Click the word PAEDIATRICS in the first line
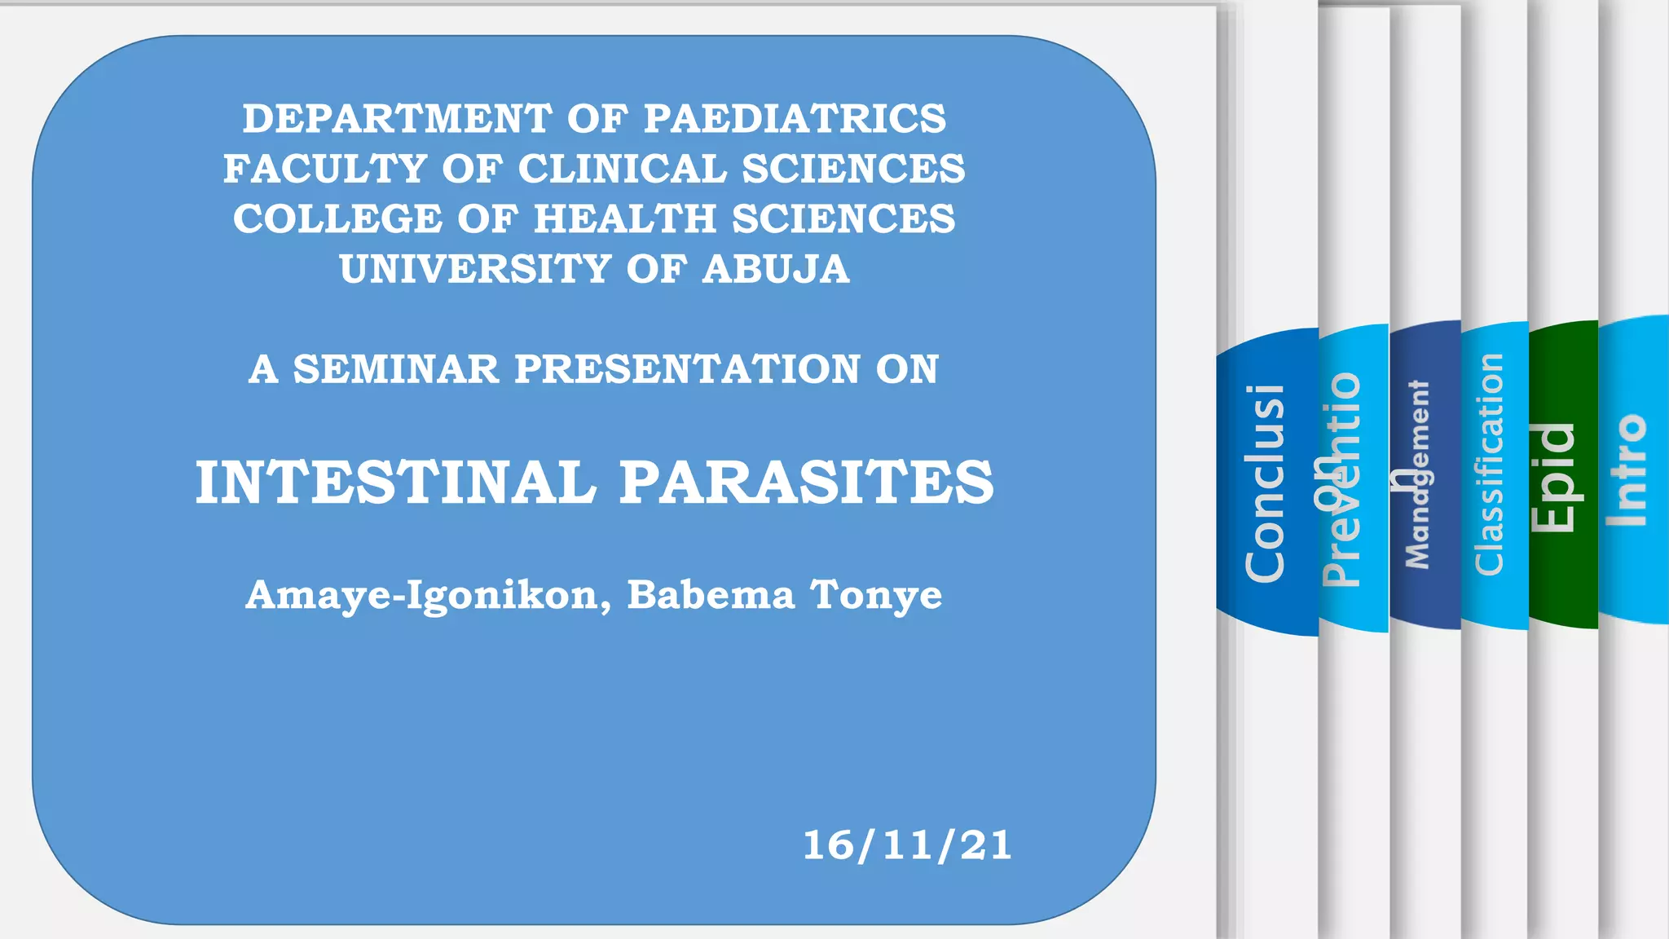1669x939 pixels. tap(795, 119)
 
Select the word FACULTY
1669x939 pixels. tap(325, 170)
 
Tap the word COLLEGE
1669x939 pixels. tap(337, 219)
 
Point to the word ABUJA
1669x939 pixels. tap(776, 270)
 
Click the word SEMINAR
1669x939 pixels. tap(395, 369)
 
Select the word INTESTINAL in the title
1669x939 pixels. tap(396, 483)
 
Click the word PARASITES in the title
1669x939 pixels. tap(807, 483)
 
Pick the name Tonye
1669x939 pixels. tap(876, 596)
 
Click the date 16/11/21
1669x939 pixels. tap(907, 845)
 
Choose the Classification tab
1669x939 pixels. tap(1491, 465)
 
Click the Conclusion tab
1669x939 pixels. tap(1265, 483)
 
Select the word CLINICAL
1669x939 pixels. tap(622, 170)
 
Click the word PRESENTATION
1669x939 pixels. tap(687, 369)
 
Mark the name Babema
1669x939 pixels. tap(710, 596)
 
